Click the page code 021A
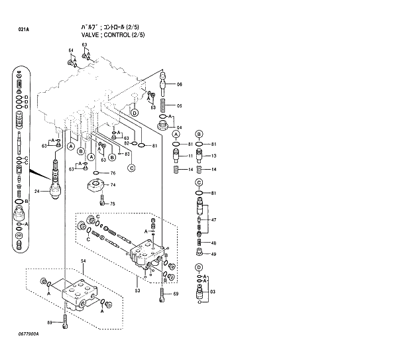pos(23,30)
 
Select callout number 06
pos(179,84)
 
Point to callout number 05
pos(179,106)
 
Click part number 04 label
pos(179,127)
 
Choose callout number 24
pos(38,192)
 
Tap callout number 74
pos(113,185)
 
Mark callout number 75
pos(113,204)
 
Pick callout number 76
pos(113,174)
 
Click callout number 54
pos(84,263)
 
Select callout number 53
pos(137,290)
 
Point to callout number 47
pos(213,219)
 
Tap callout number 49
pos(213,254)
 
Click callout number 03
pos(213,291)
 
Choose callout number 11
pos(190,156)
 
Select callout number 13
pos(213,156)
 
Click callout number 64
pos(70,51)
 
